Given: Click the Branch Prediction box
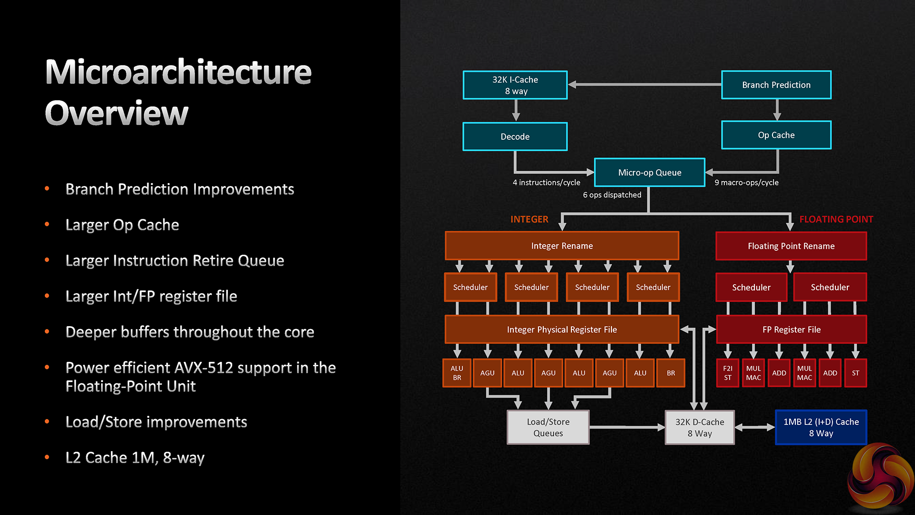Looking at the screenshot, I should coord(776,85).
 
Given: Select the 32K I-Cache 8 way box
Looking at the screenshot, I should coord(515,85).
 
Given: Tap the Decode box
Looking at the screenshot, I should coord(515,136).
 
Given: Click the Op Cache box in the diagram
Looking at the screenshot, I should coord(776,135).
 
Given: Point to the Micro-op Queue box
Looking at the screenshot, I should coord(649,172).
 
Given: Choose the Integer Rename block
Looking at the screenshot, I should coord(562,246).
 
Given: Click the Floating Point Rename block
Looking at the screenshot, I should coord(791,246).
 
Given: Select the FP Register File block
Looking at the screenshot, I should coord(791,330).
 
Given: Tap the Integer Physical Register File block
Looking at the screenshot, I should coord(562,330).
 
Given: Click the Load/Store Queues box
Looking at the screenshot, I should coord(548,427).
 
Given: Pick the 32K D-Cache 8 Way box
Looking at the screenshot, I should coord(699,427).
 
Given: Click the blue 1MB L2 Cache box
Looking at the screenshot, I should coord(821,427).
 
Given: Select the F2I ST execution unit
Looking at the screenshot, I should coord(727,373).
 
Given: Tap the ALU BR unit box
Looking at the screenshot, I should coord(457,373).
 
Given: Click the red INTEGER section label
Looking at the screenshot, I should coord(529,219).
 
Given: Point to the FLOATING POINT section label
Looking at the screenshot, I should coord(836,219).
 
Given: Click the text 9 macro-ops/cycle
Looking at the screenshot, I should coord(746,183).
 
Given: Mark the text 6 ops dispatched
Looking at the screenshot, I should coord(612,195).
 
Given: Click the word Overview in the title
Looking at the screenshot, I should coord(117,113).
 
